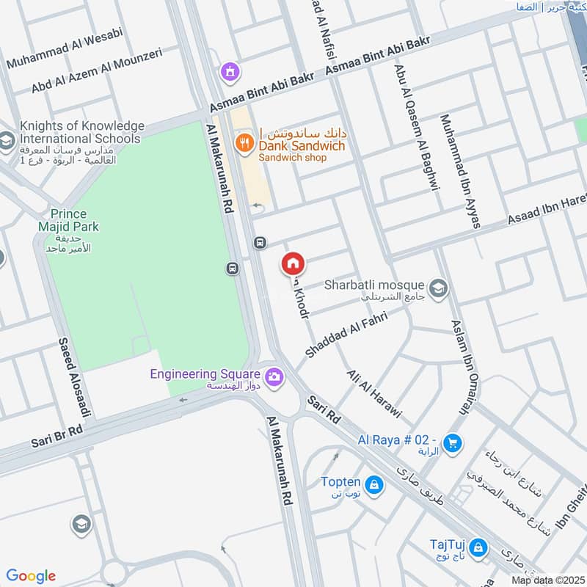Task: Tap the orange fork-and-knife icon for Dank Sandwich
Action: tap(244, 142)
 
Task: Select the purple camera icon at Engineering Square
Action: tap(274, 376)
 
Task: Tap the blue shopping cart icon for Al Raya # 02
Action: tap(453, 442)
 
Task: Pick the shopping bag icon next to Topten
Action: tap(374, 485)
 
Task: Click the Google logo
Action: tap(31, 575)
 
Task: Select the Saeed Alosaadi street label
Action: tap(74, 376)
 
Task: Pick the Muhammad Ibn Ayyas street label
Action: tap(459, 170)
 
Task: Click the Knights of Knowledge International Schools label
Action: tap(81, 132)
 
